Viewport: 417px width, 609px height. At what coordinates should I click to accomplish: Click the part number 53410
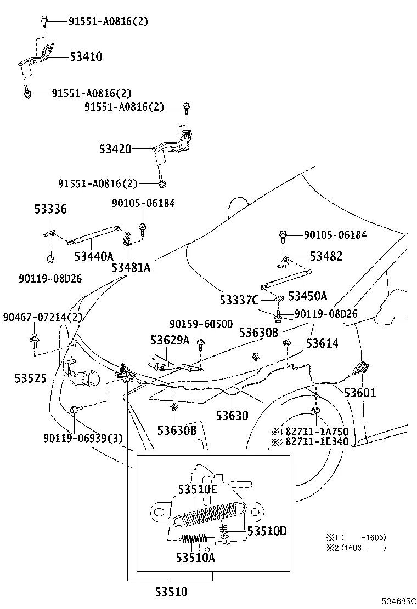click(86, 57)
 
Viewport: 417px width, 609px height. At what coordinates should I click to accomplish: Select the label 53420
click(115, 149)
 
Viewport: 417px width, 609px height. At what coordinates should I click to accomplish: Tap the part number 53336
click(50, 209)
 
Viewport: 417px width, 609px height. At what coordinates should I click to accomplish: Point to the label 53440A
click(94, 256)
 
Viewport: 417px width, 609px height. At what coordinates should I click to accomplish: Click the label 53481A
click(131, 268)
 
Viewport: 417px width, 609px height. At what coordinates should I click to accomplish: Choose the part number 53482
click(326, 256)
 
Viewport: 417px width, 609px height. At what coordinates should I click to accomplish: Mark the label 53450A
click(308, 296)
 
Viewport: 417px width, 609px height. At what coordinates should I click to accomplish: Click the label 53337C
click(239, 300)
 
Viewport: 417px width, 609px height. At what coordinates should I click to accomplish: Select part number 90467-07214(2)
click(43, 317)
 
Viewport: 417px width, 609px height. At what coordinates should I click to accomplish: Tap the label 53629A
click(170, 340)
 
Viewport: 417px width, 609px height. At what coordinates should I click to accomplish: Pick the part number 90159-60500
click(201, 324)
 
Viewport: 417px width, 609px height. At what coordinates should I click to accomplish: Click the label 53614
click(322, 343)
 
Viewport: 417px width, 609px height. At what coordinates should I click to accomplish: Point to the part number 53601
click(360, 393)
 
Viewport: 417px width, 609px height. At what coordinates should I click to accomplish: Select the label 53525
click(31, 378)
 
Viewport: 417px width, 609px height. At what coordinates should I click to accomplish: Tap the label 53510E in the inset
click(198, 490)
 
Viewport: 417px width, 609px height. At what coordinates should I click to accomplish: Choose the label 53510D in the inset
click(267, 531)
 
